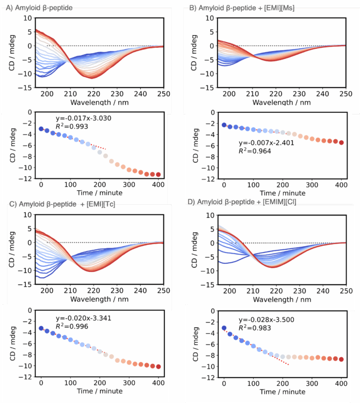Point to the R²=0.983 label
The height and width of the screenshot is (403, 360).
pyautogui.click(x=254, y=327)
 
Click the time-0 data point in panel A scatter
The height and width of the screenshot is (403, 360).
pyautogui.click(x=41, y=129)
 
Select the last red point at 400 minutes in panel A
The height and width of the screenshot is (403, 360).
pyautogui.click(x=158, y=174)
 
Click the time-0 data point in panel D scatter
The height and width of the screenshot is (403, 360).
pyautogui.click(x=224, y=328)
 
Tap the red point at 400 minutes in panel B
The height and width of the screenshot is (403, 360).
pyautogui.click(x=341, y=142)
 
